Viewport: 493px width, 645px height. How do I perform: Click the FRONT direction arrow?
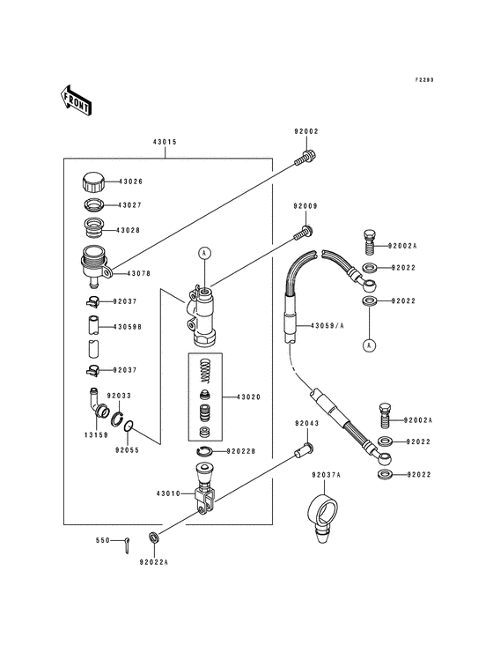[76, 100]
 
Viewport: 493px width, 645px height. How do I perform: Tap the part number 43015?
[165, 142]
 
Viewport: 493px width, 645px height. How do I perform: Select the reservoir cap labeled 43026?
[93, 182]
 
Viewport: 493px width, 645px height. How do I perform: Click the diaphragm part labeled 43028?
[92, 227]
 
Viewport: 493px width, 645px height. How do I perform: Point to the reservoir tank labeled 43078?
[95, 266]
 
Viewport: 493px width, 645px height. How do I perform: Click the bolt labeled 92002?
[305, 159]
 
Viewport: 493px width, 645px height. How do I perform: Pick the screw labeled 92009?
[303, 233]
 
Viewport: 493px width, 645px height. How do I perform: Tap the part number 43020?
[248, 397]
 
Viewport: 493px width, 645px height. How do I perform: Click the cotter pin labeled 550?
[126, 545]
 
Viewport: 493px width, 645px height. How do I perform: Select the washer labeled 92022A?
[154, 537]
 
